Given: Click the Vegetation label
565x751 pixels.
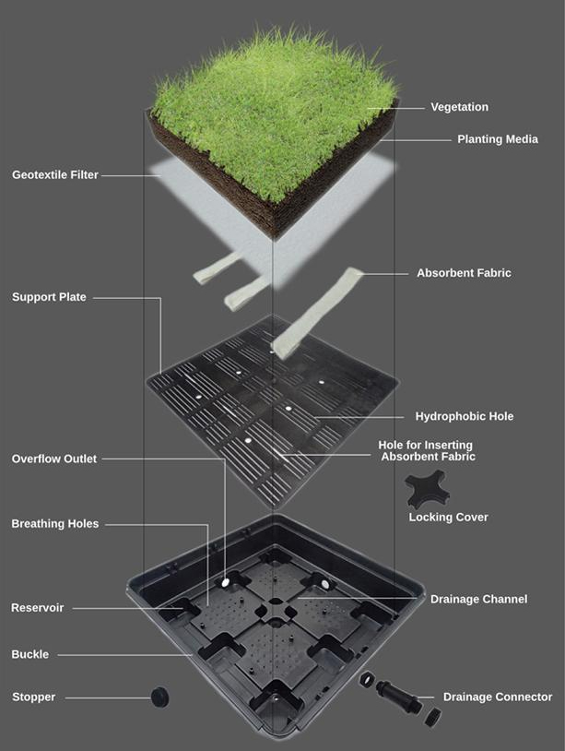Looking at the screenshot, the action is pyautogui.click(x=459, y=107).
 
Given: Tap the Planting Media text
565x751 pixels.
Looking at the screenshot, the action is pyautogui.click(x=498, y=139).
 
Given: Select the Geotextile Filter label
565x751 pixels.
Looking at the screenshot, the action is pyautogui.click(x=55, y=174).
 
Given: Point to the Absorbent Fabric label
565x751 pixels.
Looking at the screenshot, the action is pyautogui.click(x=464, y=273).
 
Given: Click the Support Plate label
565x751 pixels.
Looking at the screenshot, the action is pyautogui.click(x=49, y=297).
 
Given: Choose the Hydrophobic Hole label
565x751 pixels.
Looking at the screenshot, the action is pyautogui.click(x=464, y=416).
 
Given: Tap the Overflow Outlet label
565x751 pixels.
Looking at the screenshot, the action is pyautogui.click(x=54, y=459).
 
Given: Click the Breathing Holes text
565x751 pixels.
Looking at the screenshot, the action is pyautogui.click(x=55, y=524).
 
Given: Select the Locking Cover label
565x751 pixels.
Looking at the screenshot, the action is pyautogui.click(x=448, y=518).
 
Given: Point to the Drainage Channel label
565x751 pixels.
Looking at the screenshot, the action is pyautogui.click(x=479, y=599).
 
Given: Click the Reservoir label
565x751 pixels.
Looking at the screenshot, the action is pyautogui.click(x=37, y=608).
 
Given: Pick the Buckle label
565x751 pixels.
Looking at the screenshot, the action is pyautogui.click(x=30, y=654).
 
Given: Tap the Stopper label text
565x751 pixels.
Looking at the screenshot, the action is pyautogui.click(x=33, y=697).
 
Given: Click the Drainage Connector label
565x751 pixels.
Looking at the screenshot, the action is pyautogui.click(x=498, y=697).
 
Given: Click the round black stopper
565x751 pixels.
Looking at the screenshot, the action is pyautogui.click(x=159, y=697).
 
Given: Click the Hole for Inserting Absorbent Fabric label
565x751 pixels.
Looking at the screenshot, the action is pyautogui.click(x=426, y=451).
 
